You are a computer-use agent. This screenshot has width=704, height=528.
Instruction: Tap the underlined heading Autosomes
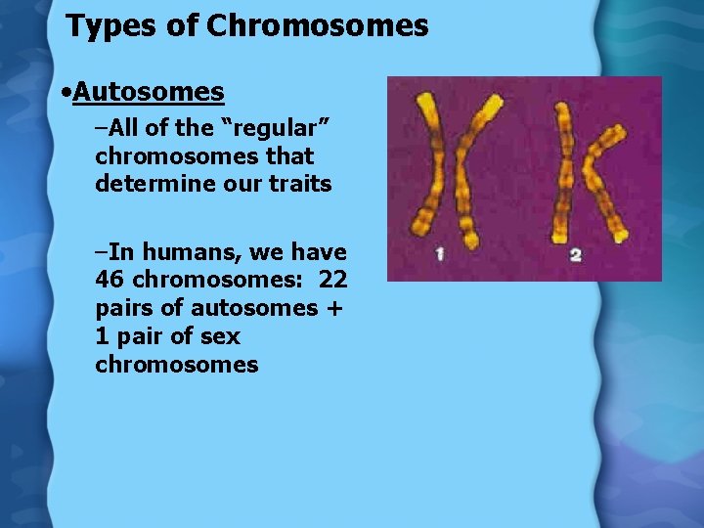148,93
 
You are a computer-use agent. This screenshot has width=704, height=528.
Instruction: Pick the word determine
144,183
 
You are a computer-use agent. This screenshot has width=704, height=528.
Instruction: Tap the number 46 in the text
110,280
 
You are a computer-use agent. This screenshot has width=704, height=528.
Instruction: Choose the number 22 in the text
332,280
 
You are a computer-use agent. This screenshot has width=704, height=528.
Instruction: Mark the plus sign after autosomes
337,308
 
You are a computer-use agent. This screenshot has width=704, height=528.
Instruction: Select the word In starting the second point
123,252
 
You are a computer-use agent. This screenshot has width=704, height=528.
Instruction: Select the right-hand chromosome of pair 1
466,171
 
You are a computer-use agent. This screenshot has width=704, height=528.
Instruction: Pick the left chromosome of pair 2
562,171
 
